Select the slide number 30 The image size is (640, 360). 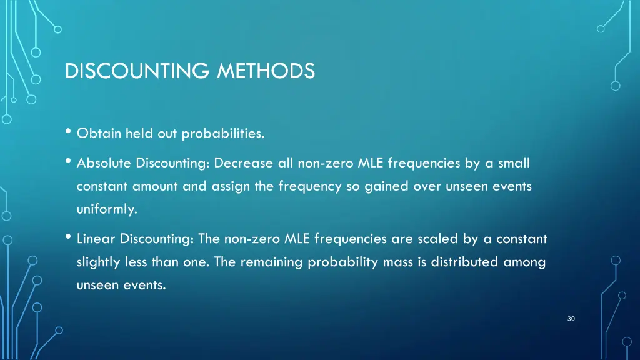coord(571,319)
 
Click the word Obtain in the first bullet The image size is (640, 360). coord(99,133)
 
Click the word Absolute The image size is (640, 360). coord(103,163)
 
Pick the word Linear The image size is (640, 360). coord(96,239)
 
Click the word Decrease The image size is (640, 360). coord(243,163)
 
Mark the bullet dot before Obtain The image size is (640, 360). coord(67,132)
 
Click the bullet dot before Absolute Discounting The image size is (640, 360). coord(67,162)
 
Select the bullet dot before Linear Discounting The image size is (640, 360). coord(67,237)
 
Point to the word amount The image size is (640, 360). coord(156,187)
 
